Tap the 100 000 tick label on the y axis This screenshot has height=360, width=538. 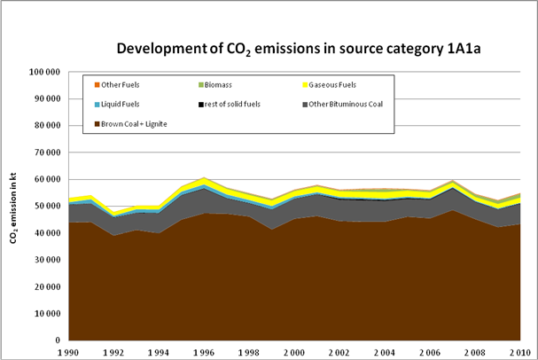coord(43,72)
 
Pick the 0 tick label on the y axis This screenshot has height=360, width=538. coord(56,340)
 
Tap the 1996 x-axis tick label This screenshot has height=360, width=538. coord(205,351)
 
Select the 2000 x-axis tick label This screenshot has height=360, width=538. coord(296,351)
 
